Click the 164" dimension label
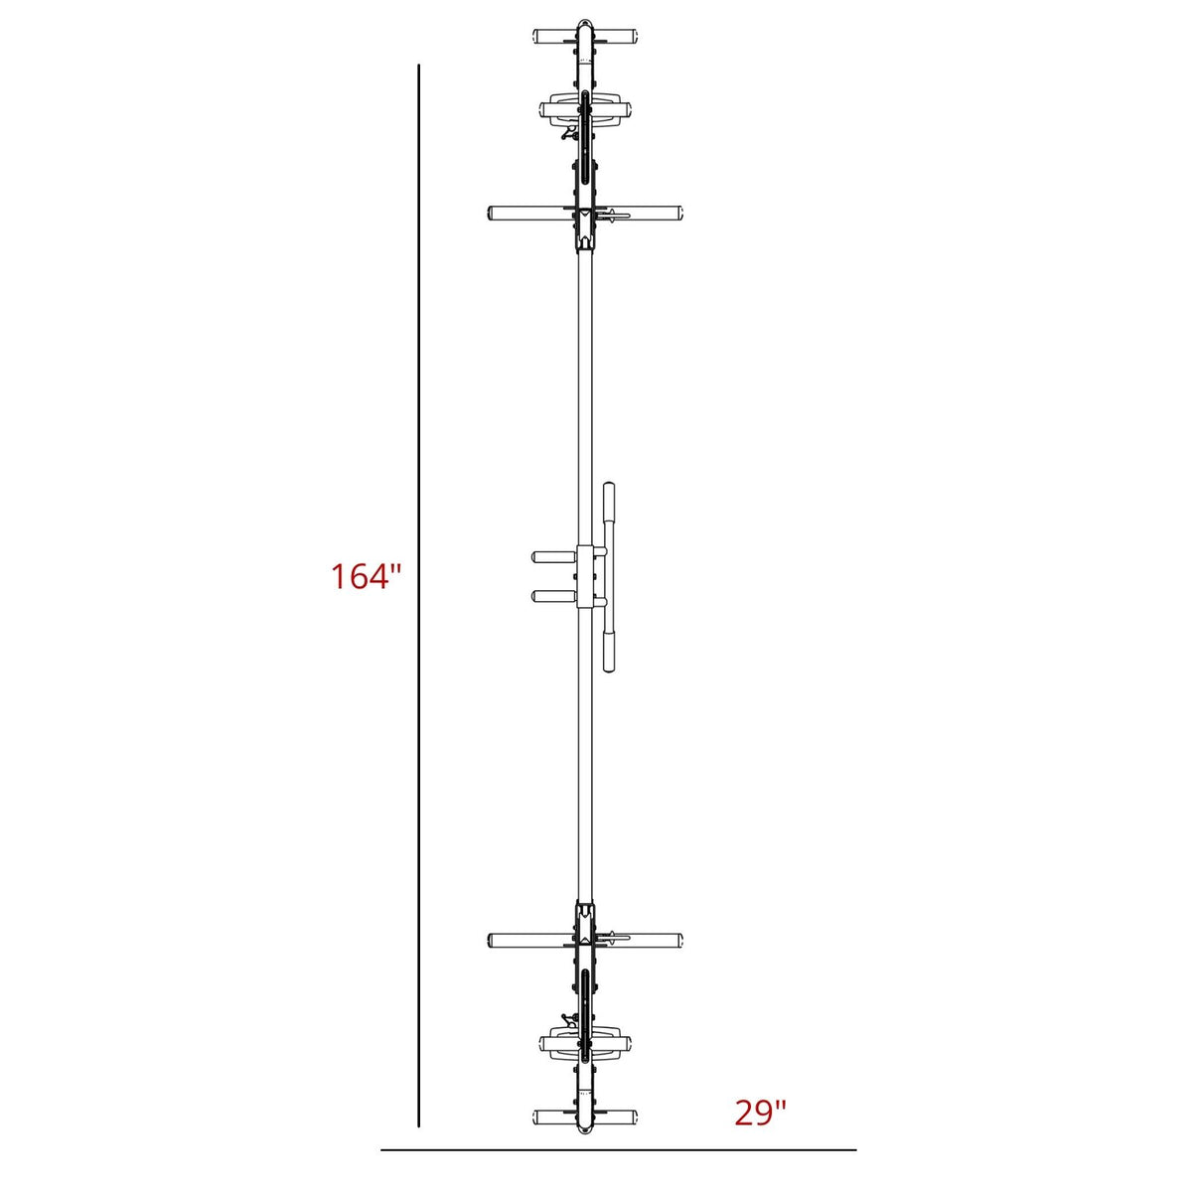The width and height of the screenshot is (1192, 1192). pos(367,576)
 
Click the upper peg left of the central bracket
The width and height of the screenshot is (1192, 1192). pos(553,556)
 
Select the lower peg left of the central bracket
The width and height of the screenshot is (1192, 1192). pos(553,596)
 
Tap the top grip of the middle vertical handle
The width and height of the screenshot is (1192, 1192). pos(609,504)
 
